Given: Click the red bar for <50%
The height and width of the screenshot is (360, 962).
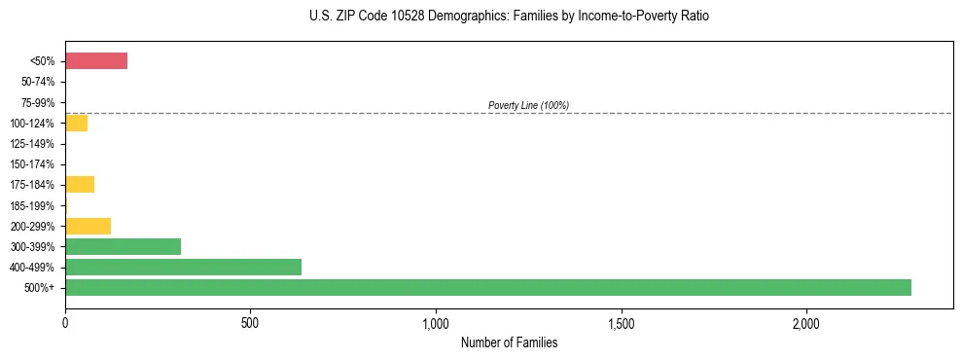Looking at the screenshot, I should (96, 61).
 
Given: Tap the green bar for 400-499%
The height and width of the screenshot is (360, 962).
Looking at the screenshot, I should (183, 267).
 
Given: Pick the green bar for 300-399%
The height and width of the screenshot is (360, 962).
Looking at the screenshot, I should (123, 246).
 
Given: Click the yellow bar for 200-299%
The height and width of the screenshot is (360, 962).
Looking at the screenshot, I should (88, 226).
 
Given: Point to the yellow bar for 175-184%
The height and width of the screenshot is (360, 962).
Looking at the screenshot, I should (80, 185).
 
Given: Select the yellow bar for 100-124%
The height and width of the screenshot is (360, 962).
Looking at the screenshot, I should (76, 124).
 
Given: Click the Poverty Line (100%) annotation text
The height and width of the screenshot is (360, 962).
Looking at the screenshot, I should (528, 105).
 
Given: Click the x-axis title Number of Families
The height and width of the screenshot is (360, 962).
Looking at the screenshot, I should (509, 342).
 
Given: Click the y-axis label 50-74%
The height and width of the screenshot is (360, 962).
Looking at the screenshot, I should (37, 83).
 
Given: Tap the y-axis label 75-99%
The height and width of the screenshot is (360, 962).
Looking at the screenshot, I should (37, 103).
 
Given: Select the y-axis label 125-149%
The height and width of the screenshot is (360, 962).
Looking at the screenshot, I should (34, 144).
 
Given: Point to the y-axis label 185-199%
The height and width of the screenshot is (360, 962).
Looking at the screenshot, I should (34, 205).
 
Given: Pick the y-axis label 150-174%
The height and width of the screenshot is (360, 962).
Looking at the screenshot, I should (34, 164).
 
